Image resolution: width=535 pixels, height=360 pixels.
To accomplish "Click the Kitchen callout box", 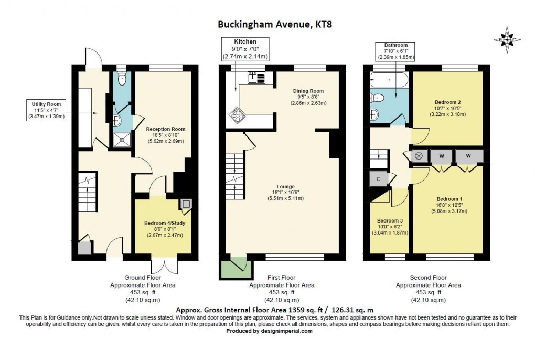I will (x=245, y=49).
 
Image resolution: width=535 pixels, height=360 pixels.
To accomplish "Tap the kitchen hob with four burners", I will (x=234, y=115).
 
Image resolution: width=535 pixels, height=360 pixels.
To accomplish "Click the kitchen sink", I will (x=256, y=78).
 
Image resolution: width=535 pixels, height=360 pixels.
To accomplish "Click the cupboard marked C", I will (x=378, y=178).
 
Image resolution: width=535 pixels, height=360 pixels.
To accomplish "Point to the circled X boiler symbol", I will (x=419, y=156).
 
